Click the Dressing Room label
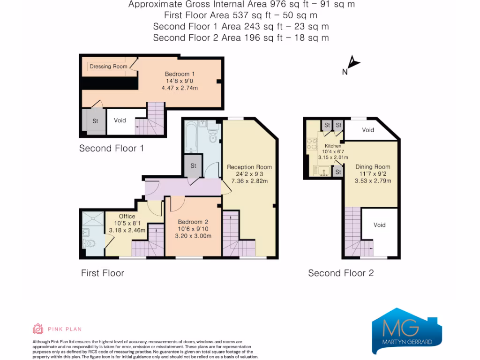(108, 67)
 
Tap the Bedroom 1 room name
(180, 74)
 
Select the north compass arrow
(354, 62)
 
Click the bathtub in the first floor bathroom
(191, 137)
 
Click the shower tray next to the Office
(93, 219)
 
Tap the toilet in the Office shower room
(89, 244)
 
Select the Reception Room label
(249, 167)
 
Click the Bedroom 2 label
(193, 222)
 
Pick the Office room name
(127, 217)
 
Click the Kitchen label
(333, 146)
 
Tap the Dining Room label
(373, 167)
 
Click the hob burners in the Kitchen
(312, 144)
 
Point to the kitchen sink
(323, 171)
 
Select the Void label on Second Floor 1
(120, 120)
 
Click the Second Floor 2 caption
(341, 273)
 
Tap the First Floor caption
(103, 273)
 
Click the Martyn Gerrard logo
(407, 331)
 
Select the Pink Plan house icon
(38, 329)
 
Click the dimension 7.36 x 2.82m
(249, 181)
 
